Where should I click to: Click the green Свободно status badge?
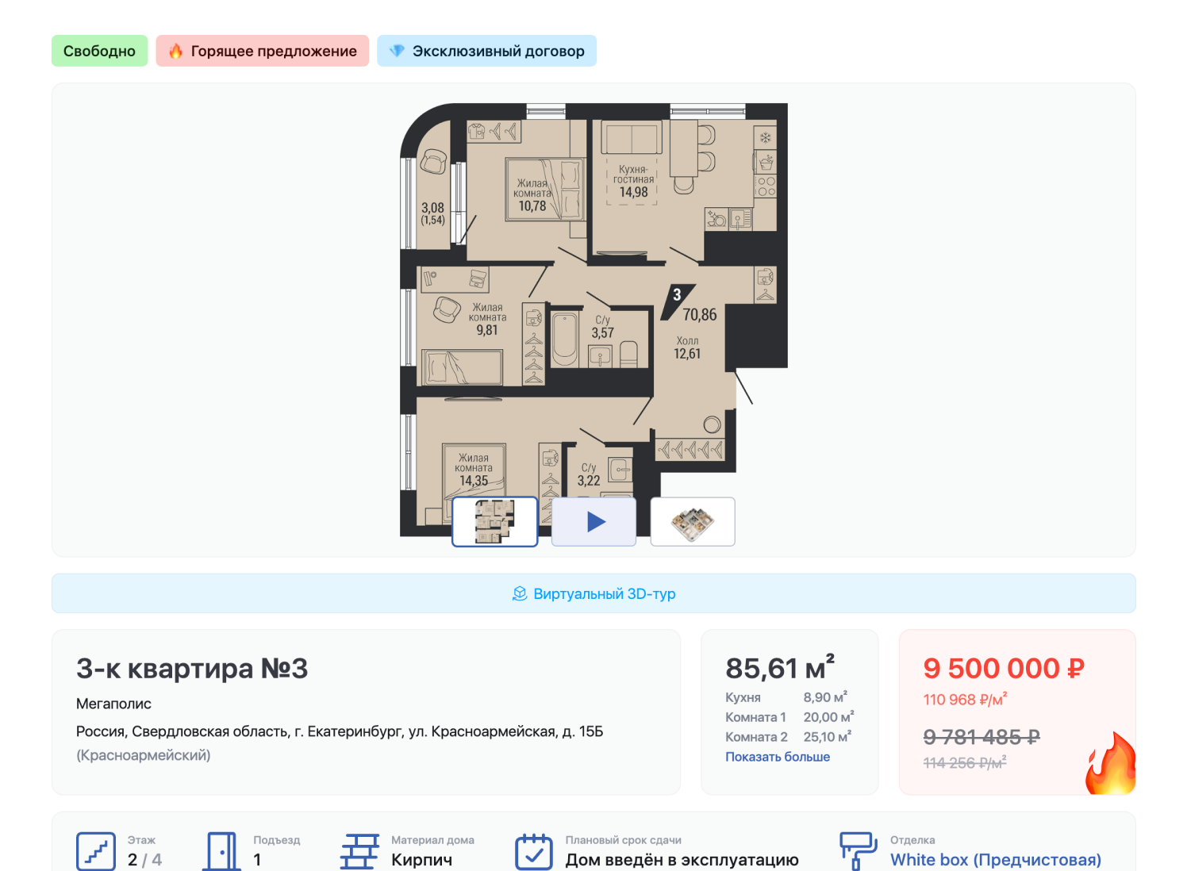pos(100,51)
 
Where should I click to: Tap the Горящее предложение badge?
pos(263,51)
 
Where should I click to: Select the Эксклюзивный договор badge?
pos(487,51)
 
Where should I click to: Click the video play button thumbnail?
pos(594,522)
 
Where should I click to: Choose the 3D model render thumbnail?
pos(693,522)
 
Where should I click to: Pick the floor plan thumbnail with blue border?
pos(495,522)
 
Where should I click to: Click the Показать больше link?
pos(778,757)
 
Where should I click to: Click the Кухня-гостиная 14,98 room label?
pos(634,181)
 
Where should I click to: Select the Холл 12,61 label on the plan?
pos(687,348)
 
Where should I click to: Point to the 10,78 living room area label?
pos(532,206)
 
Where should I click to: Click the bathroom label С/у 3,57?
pos(603,327)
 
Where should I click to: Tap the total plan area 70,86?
pos(700,315)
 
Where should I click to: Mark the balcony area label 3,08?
pos(433,208)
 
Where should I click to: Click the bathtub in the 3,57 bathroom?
pos(565,339)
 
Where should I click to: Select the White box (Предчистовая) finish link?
pos(996,860)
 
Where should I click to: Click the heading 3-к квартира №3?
pos(192,669)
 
